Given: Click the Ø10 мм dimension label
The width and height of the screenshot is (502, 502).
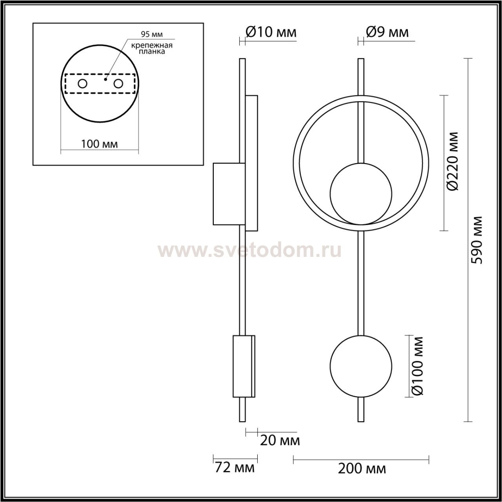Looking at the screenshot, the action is click(x=271, y=33).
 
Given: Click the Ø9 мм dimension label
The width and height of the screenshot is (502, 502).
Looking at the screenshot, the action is click(x=387, y=32).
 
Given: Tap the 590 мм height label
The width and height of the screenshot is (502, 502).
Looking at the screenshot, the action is click(x=478, y=240).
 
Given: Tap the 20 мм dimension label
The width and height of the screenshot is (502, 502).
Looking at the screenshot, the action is click(x=280, y=441).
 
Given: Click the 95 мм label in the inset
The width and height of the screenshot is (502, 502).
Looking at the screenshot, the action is click(x=152, y=34).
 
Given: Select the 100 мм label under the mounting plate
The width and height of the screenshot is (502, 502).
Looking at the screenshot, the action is click(x=100, y=144).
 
